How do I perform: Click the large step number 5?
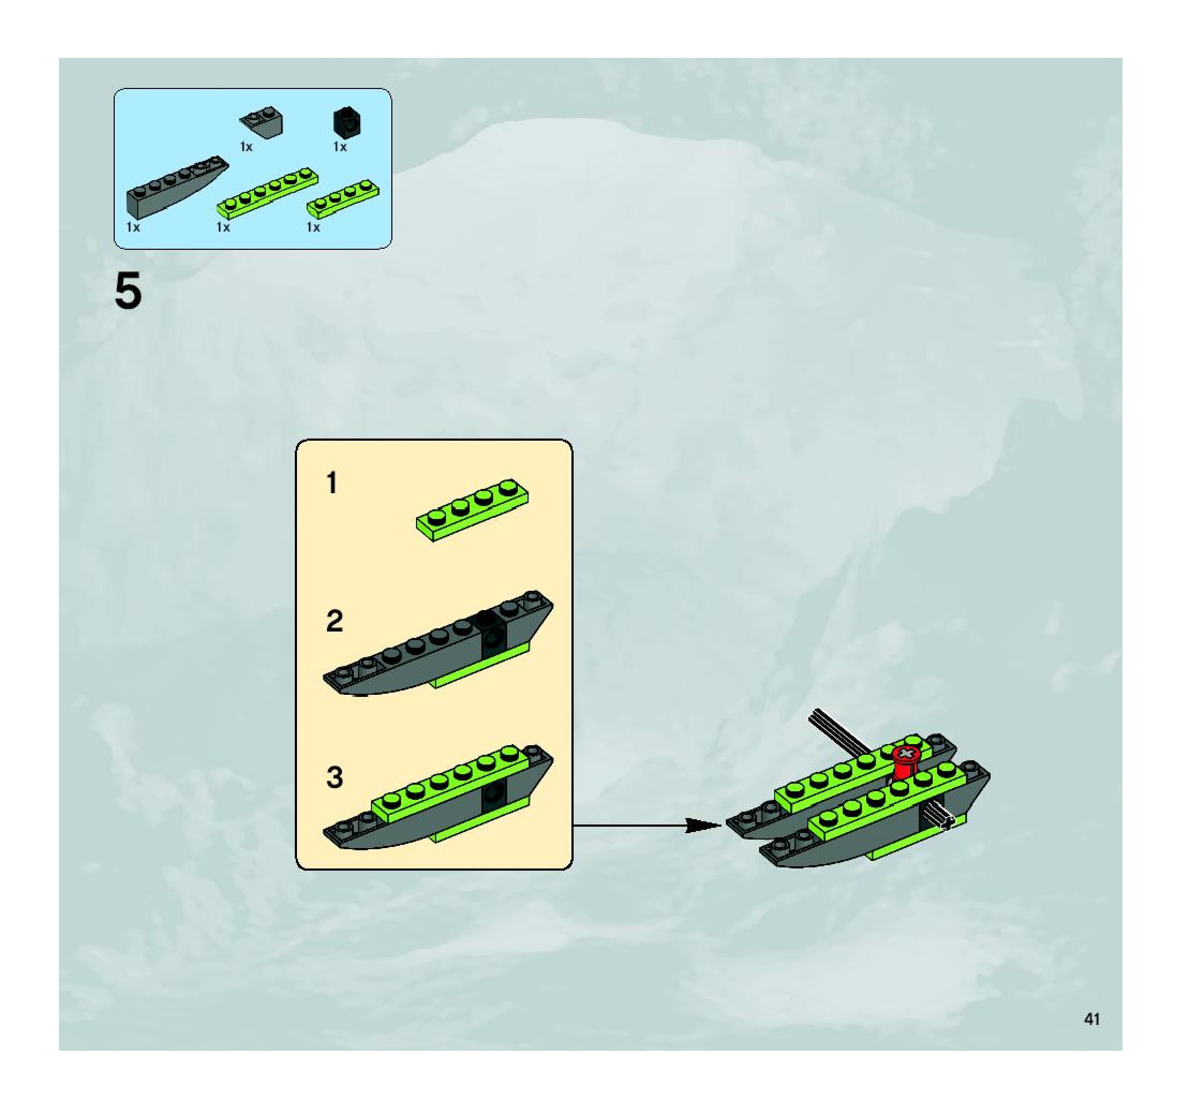tap(128, 291)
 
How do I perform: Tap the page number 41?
tap(1091, 1019)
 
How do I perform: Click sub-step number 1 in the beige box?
tap(332, 482)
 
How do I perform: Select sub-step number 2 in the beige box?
tap(335, 621)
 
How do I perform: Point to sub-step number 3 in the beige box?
tap(335, 777)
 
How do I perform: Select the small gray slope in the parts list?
tap(262, 121)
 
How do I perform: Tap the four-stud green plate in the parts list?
tap(343, 197)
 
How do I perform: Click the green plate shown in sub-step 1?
tap(472, 510)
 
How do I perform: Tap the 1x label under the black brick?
tap(340, 146)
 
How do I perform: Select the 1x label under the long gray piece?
tap(133, 227)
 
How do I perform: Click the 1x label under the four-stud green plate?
tap(313, 227)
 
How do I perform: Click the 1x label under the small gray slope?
tap(246, 146)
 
